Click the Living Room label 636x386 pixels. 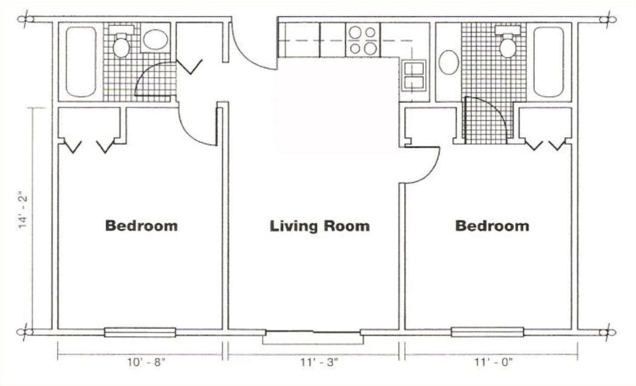click(320, 226)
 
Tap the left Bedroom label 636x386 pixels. click(141, 226)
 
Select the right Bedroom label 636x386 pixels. click(492, 226)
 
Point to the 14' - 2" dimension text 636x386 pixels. click(23, 212)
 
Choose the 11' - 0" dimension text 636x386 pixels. click(494, 362)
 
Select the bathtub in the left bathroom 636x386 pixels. click(81, 62)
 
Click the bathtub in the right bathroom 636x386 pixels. click(549, 62)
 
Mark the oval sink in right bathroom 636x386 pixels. click(449, 62)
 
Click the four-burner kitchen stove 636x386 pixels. click(362, 40)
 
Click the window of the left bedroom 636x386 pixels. click(140, 332)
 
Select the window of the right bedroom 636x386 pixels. click(487, 332)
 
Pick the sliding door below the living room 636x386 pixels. click(313, 333)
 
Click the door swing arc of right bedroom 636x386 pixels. click(432, 170)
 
